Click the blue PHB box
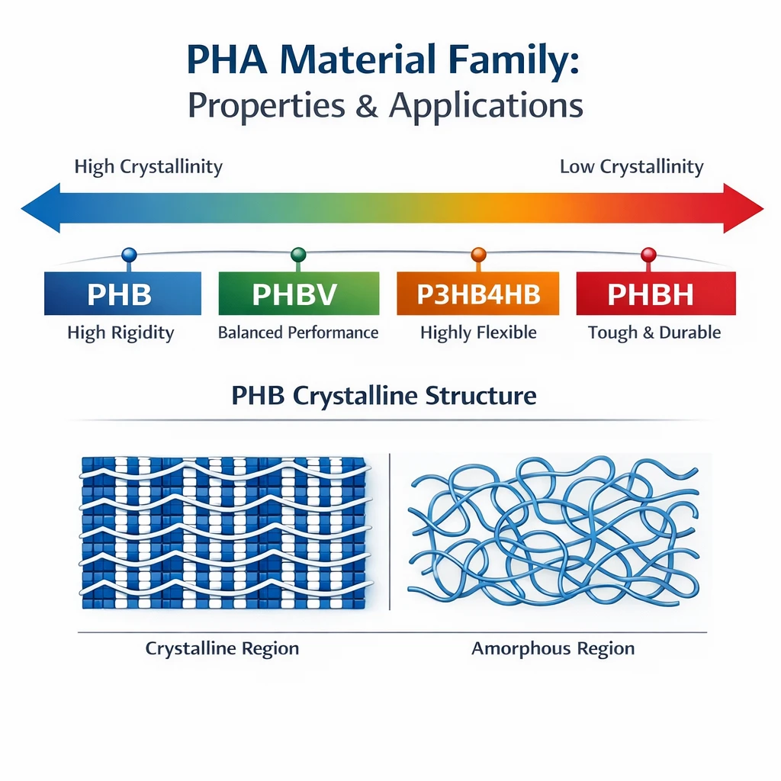(123, 294)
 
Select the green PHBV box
(298, 294)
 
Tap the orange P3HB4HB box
(477, 294)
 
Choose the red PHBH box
(655, 294)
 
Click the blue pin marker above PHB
(129, 255)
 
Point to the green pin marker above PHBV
(298, 255)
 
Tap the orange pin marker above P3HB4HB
(478, 255)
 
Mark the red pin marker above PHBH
(648, 255)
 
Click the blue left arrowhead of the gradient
(38, 207)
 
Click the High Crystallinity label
(148, 167)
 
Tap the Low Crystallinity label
(632, 167)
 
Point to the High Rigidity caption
(121, 333)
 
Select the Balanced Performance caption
(298, 333)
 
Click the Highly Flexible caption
(478, 333)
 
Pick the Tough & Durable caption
(654, 333)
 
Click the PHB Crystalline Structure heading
(384, 396)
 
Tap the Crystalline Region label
(222, 649)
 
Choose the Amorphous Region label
(553, 649)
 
